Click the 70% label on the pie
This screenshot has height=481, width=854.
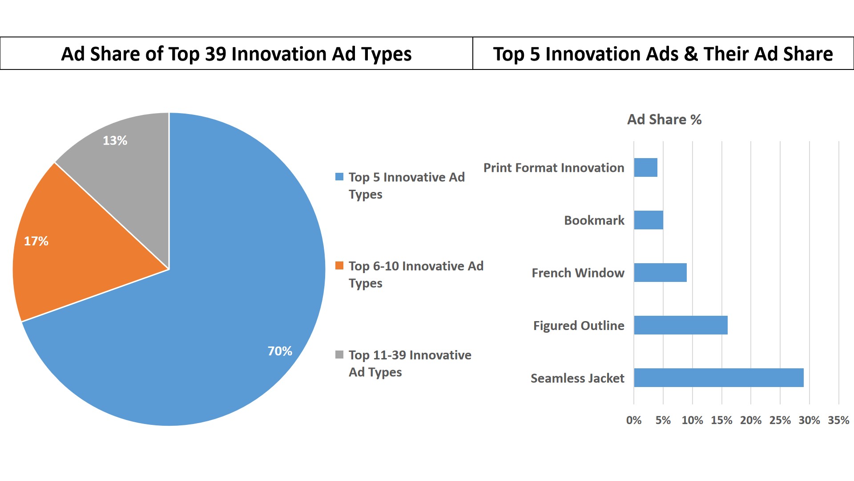pos(280,351)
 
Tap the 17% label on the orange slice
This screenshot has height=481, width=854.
pos(36,241)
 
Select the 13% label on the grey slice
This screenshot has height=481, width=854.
pos(115,140)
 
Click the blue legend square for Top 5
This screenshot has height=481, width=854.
pos(339,177)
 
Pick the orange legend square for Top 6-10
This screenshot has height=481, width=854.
pos(339,266)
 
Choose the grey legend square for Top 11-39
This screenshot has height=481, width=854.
pos(339,355)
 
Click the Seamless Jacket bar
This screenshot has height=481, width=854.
pos(718,378)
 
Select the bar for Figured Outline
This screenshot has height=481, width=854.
pos(681,325)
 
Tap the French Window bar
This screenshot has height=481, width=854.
pos(660,273)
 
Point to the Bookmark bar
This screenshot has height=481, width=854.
pos(649,220)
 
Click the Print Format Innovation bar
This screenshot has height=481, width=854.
pos(645,167)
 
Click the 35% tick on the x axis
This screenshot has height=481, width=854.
pos(838,420)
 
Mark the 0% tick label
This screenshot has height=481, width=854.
pos(634,420)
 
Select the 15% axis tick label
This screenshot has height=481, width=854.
pos(721,420)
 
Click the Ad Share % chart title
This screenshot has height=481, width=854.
pos(664,119)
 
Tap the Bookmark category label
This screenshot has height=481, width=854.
pos(594,220)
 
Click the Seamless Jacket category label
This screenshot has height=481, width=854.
pos(577,378)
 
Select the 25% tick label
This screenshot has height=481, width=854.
pos(780,420)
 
